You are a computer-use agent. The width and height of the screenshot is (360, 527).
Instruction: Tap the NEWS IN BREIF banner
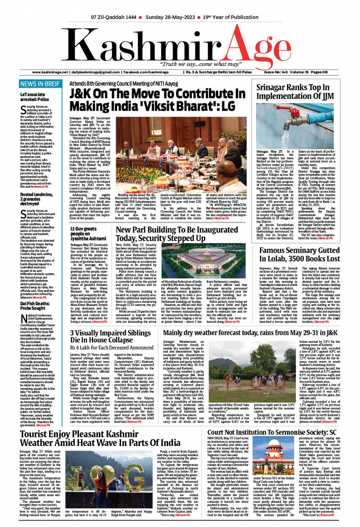(x=40, y=84)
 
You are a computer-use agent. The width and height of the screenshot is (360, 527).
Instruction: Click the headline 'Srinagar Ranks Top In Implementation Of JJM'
(x=295, y=93)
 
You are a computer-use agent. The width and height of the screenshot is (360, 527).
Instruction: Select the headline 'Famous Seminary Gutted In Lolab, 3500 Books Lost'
(x=299, y=254)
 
